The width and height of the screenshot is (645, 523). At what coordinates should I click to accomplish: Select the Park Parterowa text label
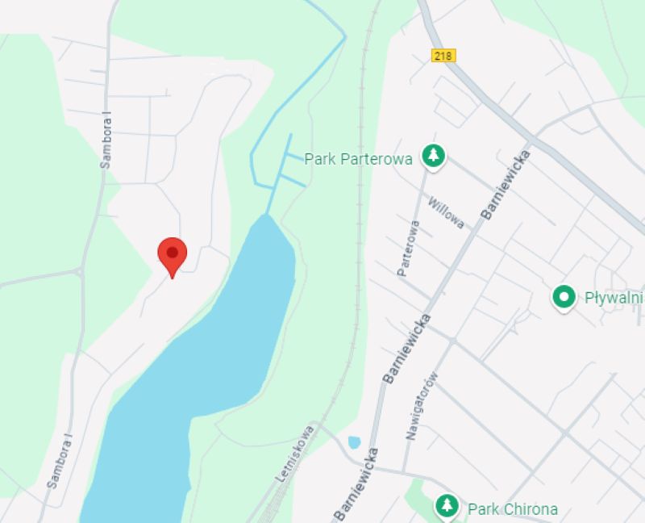pos(359,159)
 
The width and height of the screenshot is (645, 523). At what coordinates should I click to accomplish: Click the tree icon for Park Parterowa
pos(434,157)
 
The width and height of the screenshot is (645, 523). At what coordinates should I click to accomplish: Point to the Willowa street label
pos(446,213)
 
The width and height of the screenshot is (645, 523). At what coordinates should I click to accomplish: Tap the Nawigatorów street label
pos(422,405)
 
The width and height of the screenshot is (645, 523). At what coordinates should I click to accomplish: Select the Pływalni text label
pos(613,298)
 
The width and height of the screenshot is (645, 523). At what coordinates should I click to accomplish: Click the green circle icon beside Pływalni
pos(564,297)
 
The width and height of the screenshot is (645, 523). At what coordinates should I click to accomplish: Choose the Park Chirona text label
pos(513,509)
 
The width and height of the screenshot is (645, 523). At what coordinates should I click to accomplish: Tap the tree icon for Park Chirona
pos(446,506)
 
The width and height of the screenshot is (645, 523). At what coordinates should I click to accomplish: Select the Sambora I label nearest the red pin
pos(106,141)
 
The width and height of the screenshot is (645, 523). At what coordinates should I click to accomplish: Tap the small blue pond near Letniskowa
pos(353,442)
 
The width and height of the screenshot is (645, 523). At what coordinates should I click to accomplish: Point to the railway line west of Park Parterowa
pos(360,161)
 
